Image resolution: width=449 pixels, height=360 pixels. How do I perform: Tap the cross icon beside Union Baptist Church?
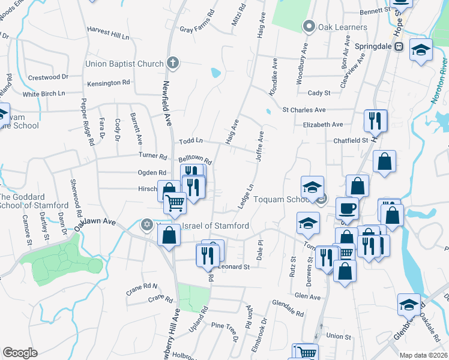click(173, 62)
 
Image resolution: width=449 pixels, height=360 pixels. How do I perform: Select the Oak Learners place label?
click(342, 27)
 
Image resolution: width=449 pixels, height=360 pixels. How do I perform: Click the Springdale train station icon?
click(399, 47)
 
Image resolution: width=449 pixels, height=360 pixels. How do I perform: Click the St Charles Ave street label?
click(304, 110)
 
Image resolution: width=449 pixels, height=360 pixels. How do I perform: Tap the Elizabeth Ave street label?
click(323, 125)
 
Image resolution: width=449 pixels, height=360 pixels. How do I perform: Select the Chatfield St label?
click(351, 140)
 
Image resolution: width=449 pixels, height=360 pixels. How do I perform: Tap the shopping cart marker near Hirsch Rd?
click(175, 202)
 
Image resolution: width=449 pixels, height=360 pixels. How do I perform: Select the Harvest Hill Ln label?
click(108, 36)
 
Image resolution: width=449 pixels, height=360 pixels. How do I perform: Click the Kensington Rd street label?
click(109, 83)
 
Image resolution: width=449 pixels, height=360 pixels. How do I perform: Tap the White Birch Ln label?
click(43, 94)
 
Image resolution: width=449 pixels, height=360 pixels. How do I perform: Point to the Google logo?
click(20, 353)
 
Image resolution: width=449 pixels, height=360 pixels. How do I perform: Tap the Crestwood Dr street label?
click(49, 77)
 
